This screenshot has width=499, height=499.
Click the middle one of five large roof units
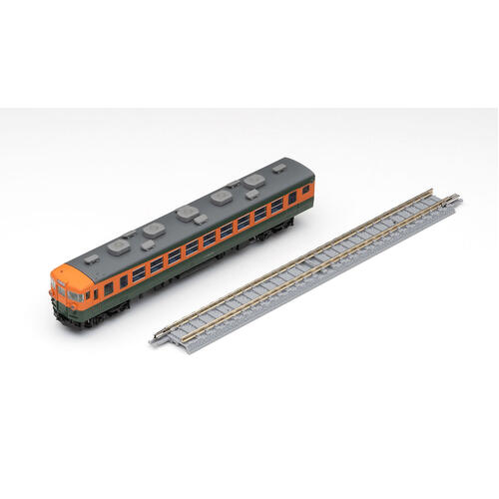click(186, 212)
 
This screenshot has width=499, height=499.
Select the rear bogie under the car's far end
click(269, 222)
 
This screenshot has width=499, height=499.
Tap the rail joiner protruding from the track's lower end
click(153, 340)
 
